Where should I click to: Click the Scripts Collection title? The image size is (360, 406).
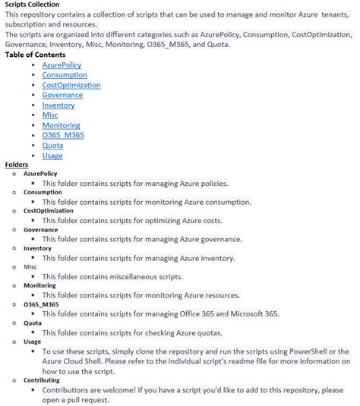click(32, 5)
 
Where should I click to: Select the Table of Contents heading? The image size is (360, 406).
click(35, 55)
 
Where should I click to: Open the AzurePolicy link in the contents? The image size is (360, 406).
click(62, 65)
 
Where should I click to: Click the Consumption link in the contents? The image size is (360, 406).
click(65, 75)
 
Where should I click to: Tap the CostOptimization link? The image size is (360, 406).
click(71, 85)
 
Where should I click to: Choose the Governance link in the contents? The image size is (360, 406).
click(62, 96)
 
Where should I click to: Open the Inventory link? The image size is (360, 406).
click(58, 105)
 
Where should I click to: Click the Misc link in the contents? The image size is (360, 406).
click(50, 115)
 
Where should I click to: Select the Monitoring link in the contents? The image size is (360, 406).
click(61, 125)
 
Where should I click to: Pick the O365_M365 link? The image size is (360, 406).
click(63, 135)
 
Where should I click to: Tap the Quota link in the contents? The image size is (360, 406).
click(52, 146)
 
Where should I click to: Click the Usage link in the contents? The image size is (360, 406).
click(52, 156)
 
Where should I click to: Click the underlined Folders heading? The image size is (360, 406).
click(17, 165)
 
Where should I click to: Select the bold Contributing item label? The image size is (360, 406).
click(42, 380)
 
